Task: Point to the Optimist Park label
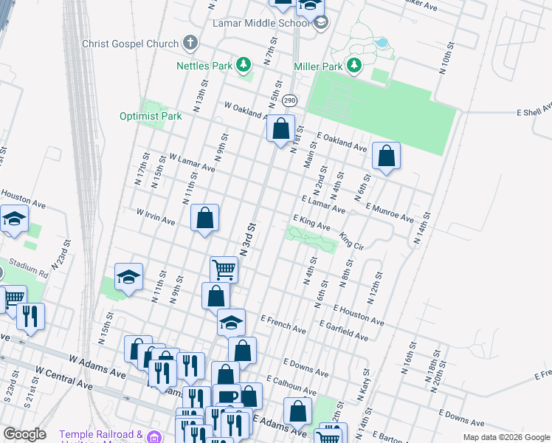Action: [151, 116]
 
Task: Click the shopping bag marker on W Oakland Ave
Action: [280, 129]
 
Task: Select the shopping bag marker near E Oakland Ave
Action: [386, 156]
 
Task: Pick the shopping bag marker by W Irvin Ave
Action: [204, 218]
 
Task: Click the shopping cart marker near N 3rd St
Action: [223, 269]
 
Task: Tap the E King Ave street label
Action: [311, 222]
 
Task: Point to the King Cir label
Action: [352, 241]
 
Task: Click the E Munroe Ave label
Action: [389, 213]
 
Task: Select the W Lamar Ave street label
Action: [191, 162]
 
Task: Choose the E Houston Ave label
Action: [359, 315]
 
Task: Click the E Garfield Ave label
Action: [344, 330]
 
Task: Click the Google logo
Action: [24, 434]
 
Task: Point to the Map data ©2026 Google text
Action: [506, 437]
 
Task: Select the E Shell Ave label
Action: [534, 111]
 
